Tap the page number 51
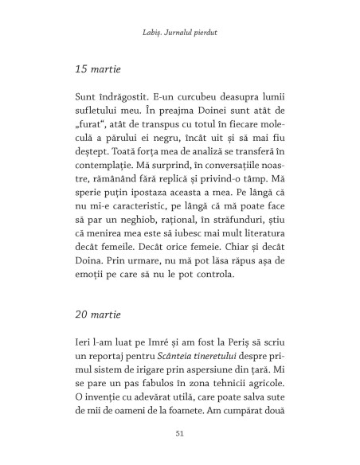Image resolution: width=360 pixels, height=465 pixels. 179,432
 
